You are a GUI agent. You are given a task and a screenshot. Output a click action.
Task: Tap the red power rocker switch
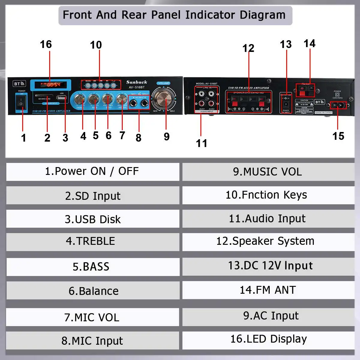pos(21,103)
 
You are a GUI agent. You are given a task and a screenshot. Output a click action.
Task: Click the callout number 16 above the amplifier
pos(46,44)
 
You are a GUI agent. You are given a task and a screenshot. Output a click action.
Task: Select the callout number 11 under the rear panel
pos(202,143)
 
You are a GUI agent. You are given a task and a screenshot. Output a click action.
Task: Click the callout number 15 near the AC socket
pos(338,136)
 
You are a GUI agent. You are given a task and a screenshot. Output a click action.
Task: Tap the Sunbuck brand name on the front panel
pos(136,82)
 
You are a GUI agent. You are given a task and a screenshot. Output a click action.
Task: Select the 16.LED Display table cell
pos(268,339)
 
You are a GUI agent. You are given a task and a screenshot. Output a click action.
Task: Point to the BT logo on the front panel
pos(19,84)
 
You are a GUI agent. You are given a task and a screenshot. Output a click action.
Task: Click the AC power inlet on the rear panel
pos(338,105)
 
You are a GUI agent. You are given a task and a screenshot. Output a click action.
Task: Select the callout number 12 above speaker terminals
pos(248,48)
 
